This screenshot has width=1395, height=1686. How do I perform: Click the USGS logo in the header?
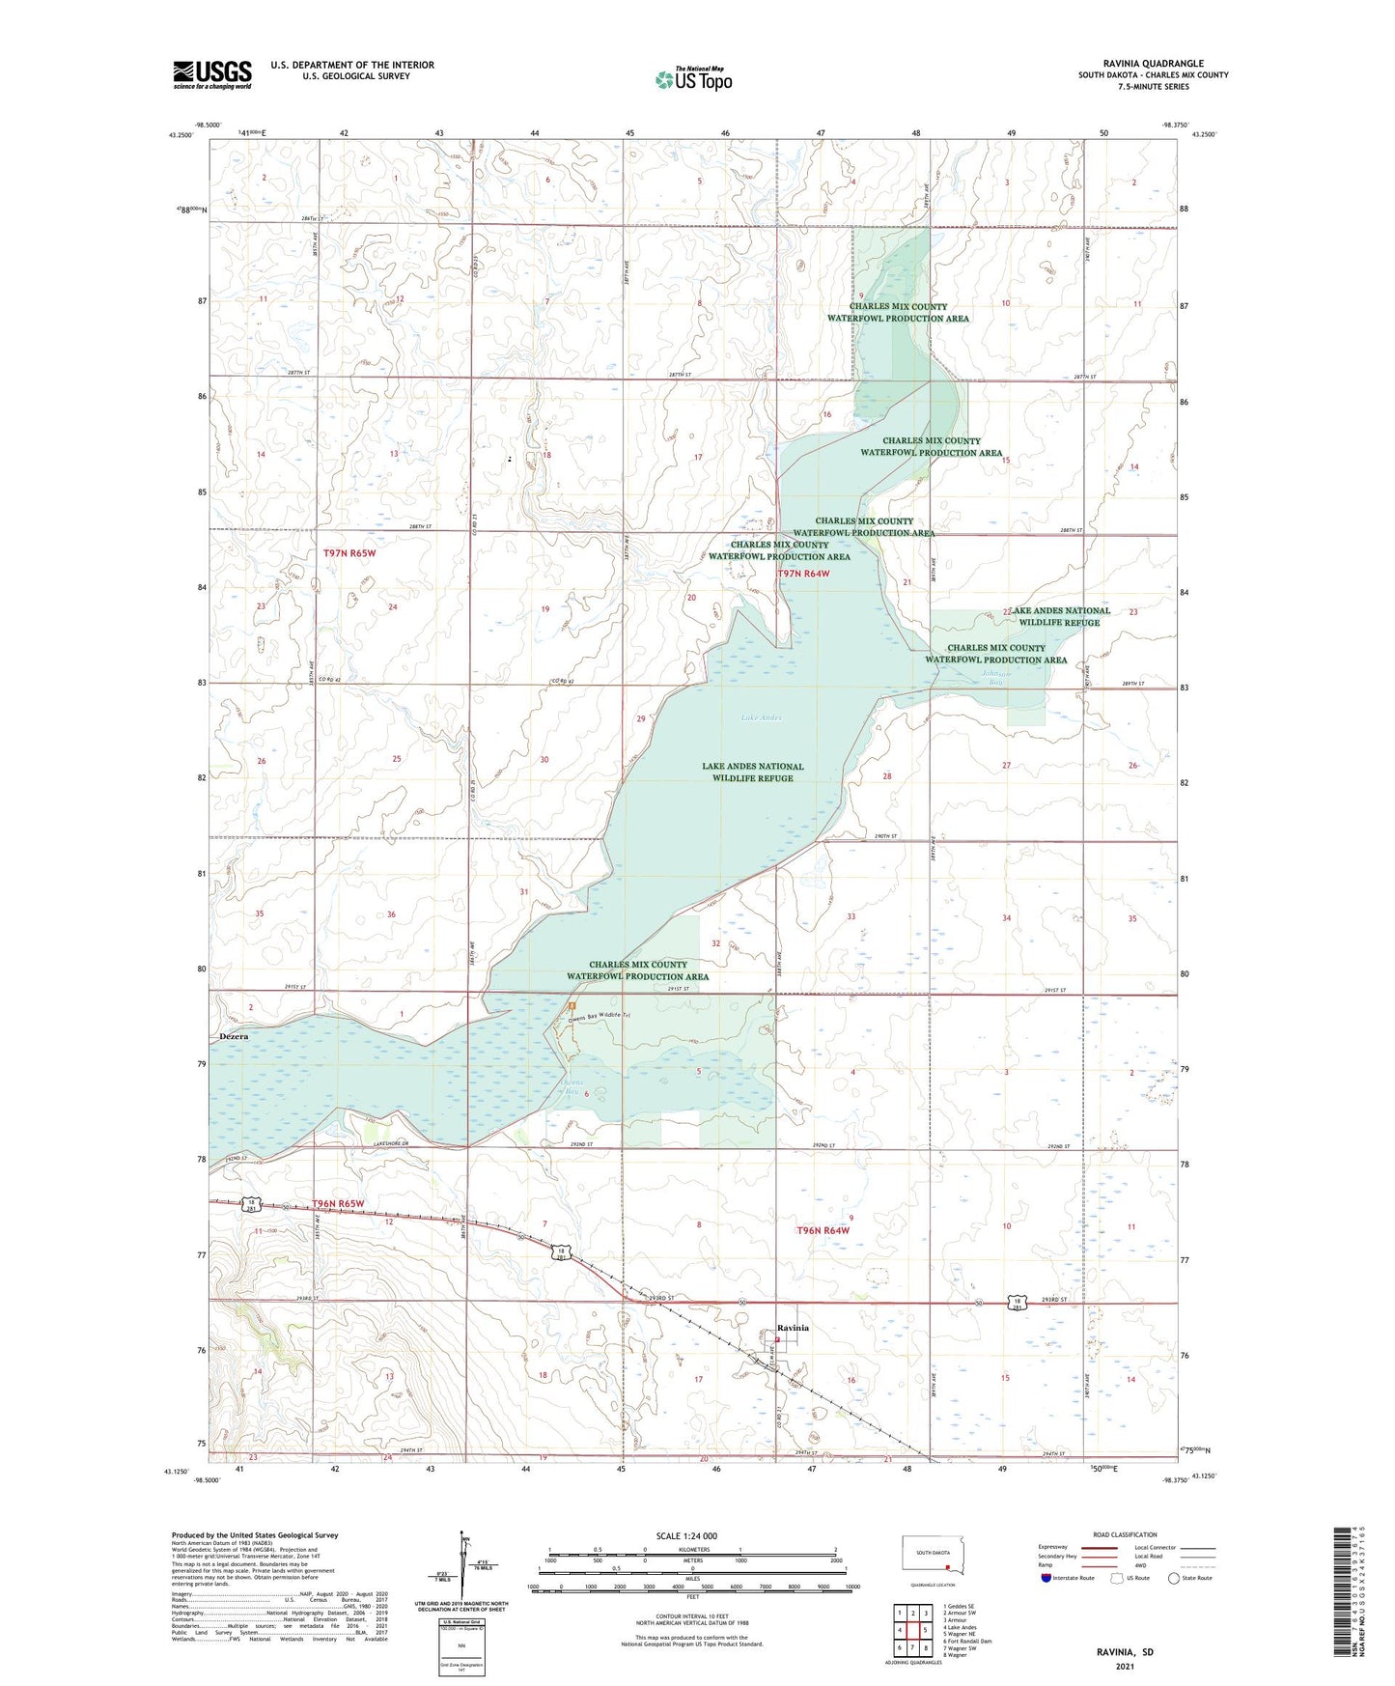212,74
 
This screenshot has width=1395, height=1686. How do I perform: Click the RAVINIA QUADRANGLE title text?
1153,64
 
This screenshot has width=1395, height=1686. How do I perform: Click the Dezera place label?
234,1036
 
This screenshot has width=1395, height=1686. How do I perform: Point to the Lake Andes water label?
761,717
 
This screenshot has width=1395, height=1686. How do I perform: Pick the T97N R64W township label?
803,574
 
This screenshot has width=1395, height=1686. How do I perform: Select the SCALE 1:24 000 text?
686,1535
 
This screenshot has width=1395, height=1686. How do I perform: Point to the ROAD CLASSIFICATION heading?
1124,1534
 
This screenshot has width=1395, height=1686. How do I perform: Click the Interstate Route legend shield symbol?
1046,1578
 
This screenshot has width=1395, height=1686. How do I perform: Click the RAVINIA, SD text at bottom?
1124,1651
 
